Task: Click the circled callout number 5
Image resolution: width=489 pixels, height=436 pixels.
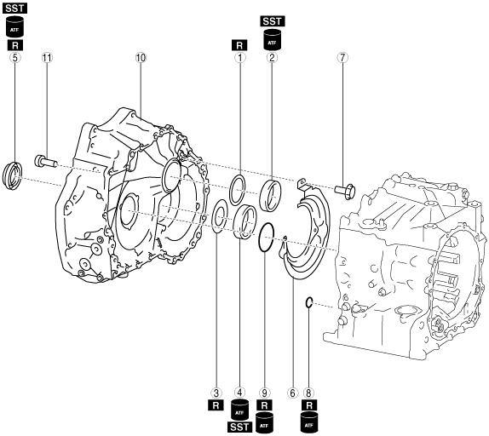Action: [x=14, y=58]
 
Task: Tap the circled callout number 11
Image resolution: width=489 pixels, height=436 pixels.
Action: [x=47, y=58]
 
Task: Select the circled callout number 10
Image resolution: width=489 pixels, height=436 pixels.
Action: [x=141, y=58]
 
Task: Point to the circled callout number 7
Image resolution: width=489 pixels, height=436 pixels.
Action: [x=342, y=58]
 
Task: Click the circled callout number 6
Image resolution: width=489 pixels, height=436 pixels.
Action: [x=292, y=393]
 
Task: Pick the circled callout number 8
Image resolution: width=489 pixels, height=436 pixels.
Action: [x=308, y=393]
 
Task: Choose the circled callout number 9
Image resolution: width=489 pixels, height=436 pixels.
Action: [x=264, y=393]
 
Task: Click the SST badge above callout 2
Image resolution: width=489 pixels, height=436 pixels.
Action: [x=273, y=21]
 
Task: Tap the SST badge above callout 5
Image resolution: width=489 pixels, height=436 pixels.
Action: [x=14, y=9]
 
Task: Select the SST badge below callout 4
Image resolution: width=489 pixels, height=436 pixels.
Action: [x=239, y=427]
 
